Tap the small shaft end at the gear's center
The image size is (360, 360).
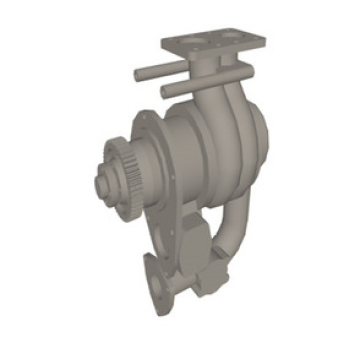pos(101,182)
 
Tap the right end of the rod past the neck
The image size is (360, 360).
pos(245,71)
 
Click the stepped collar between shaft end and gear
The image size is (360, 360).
pos(108,181)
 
